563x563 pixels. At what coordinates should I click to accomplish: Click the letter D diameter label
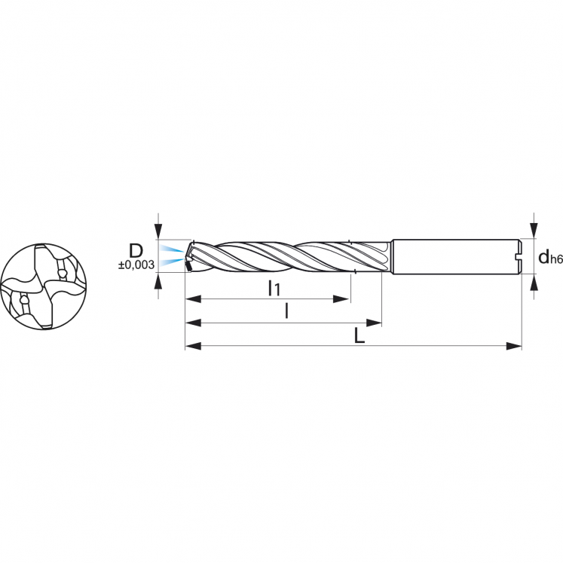coord(136,251)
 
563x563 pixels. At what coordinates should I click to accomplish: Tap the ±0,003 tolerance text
coord(136,265)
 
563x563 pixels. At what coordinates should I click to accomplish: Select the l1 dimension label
coord(274,289)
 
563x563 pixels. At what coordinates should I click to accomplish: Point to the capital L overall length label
coord(360,336)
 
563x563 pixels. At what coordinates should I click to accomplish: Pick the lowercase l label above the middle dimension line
coord(286,311)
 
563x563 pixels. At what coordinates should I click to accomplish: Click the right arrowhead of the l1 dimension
coord(341,299)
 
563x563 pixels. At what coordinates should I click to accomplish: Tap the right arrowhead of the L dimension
coord(513,346)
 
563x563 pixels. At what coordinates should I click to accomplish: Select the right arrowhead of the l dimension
coord(373,323)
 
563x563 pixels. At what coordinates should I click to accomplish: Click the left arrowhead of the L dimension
coord(193,346)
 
